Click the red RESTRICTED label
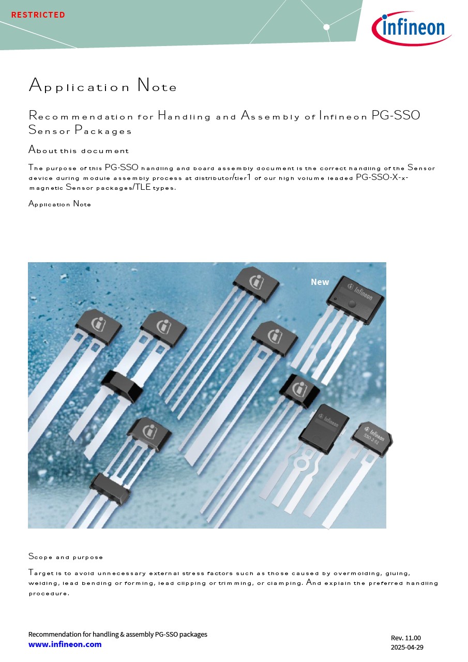(x=38, y=15)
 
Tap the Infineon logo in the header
(x=411, y=28)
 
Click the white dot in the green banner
(x=326, y=27)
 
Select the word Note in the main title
(x=157, y=85)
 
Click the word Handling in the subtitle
(x=184, y=116)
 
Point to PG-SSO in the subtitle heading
(x=396, y=115)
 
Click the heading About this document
(x=79, y=150)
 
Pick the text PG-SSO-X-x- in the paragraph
(x=382, y=177)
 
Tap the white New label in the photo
(x=320, y=282)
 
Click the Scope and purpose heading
(x=66, y=557)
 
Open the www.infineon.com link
(x=65, y=644)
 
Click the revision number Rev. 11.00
(x=405, y=638)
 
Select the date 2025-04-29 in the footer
(x=407, y=647)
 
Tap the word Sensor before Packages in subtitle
(x=49, y=130)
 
